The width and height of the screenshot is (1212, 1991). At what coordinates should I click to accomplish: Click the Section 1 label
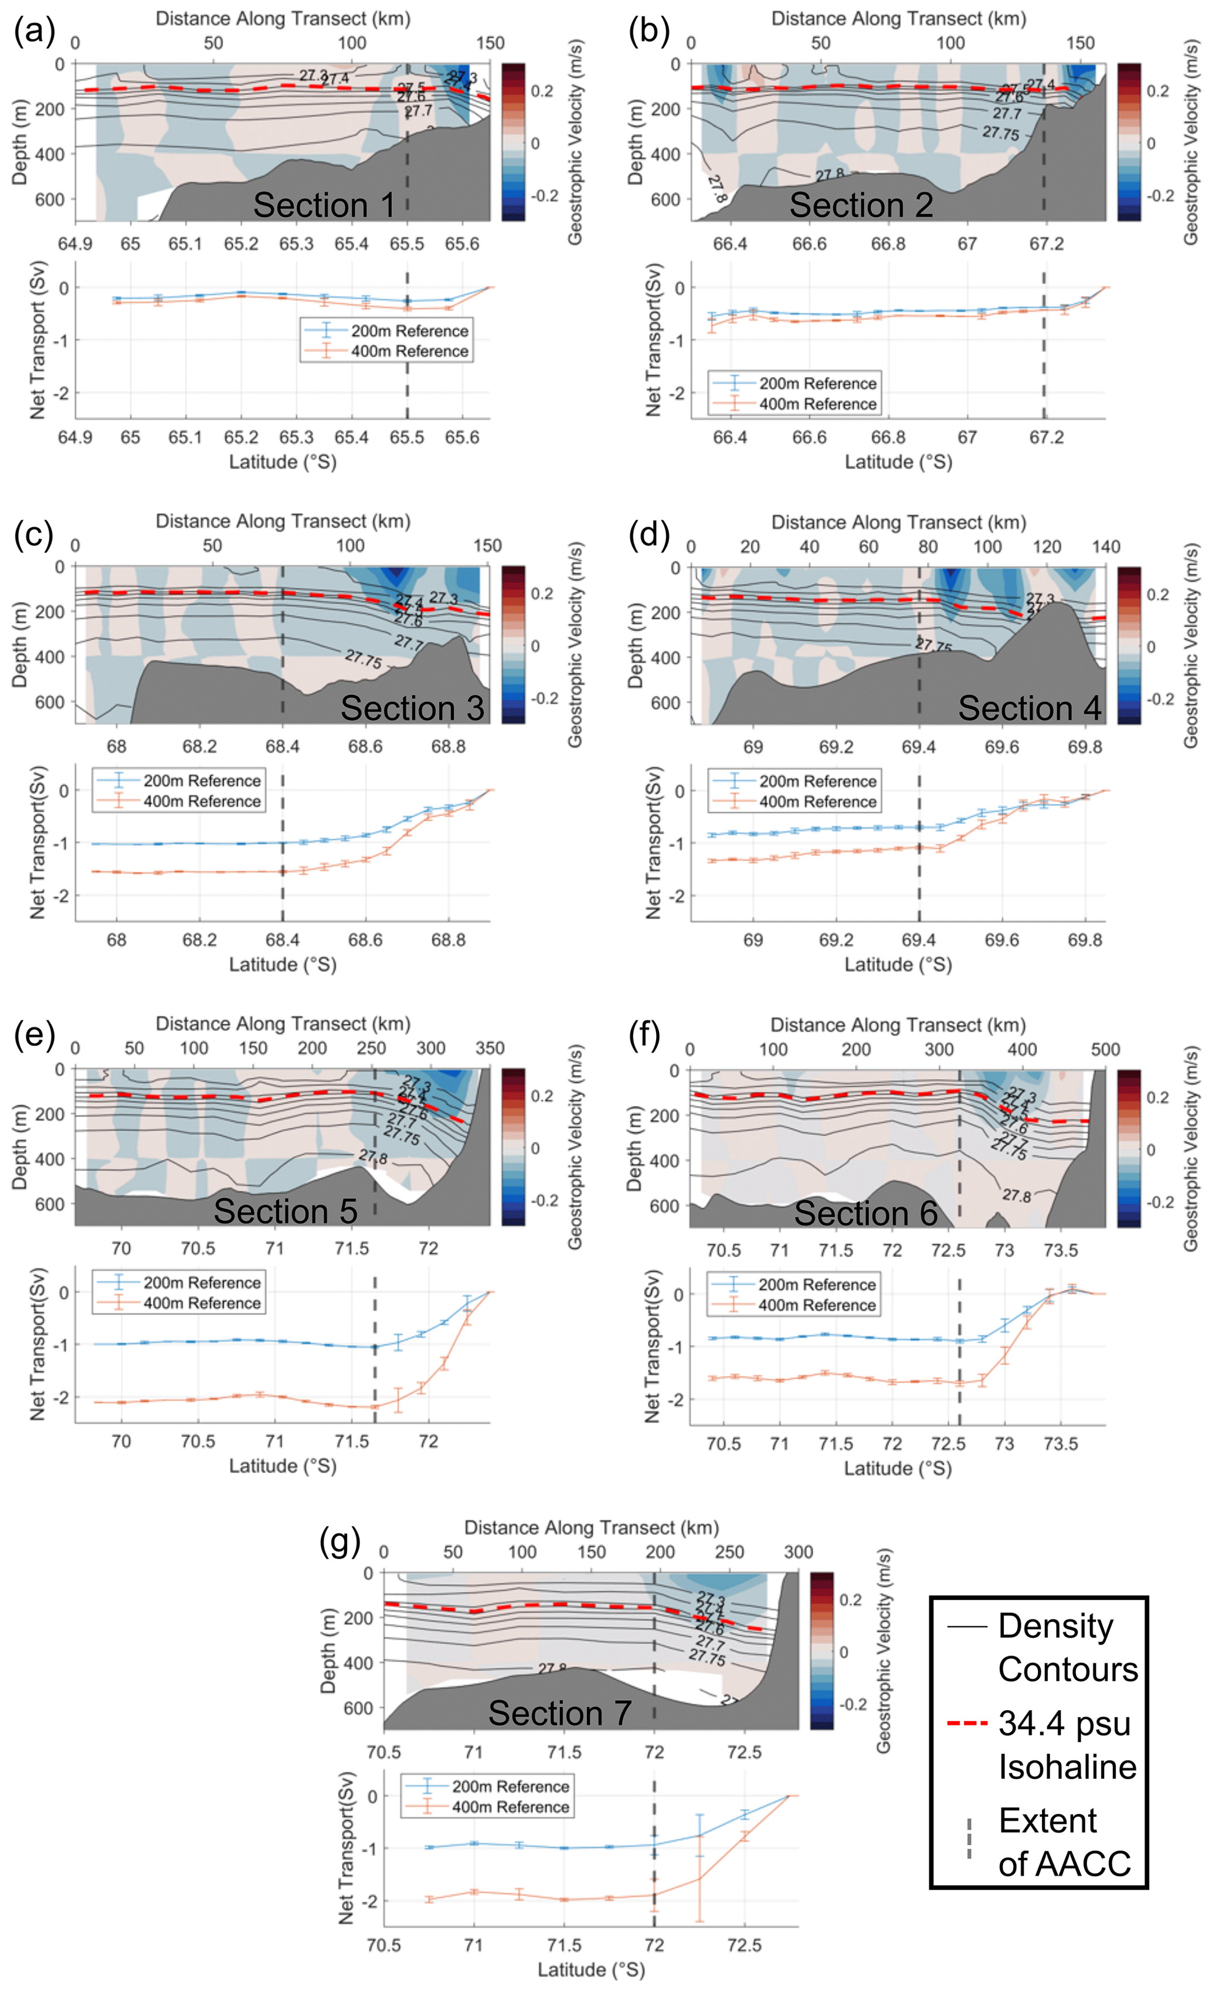(x=324, y=205)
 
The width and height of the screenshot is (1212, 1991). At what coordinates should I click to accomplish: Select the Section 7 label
(x=559, y=1713)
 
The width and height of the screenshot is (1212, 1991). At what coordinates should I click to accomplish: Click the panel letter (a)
(x=35, y=32)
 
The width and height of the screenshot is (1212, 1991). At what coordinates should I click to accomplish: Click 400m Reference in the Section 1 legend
(x=409, y=351)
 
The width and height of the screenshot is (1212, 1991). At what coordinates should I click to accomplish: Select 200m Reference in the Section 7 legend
(x=510, y=1786)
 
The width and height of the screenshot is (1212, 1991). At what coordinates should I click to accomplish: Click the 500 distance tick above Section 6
(x=1105, y=1050)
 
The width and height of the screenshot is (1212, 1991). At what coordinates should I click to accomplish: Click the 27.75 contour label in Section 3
(x=363, y=659)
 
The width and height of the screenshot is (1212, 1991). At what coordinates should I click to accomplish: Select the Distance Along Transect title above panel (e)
(x=283, y=1024)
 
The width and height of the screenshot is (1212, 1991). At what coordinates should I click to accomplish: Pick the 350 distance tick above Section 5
(x=490, y=1049)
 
